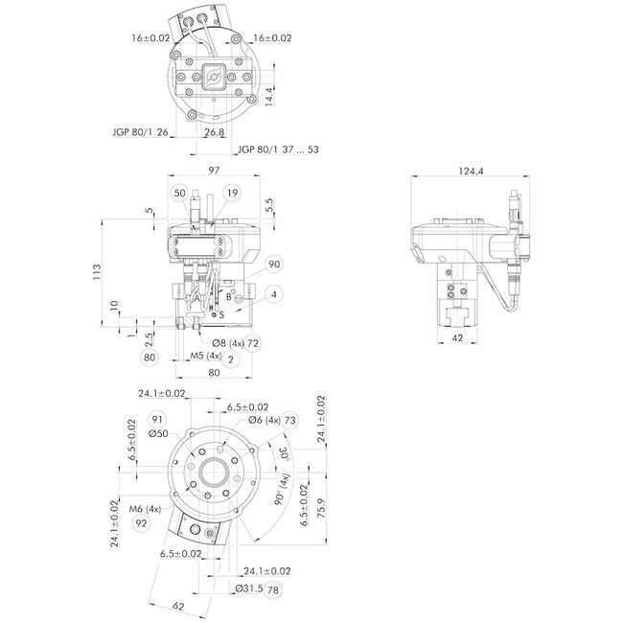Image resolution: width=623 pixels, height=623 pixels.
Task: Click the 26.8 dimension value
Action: [214, 133]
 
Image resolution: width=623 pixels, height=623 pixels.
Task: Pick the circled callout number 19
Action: [233, 193]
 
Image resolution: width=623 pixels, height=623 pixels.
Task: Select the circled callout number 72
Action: [254, 342]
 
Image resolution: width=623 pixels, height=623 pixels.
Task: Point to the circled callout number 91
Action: [157, 419]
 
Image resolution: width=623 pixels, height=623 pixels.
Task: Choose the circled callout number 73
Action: [289, 421]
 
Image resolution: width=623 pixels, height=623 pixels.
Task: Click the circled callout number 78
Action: [273, 588]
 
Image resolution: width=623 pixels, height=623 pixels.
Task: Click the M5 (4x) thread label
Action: [205, 357]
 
